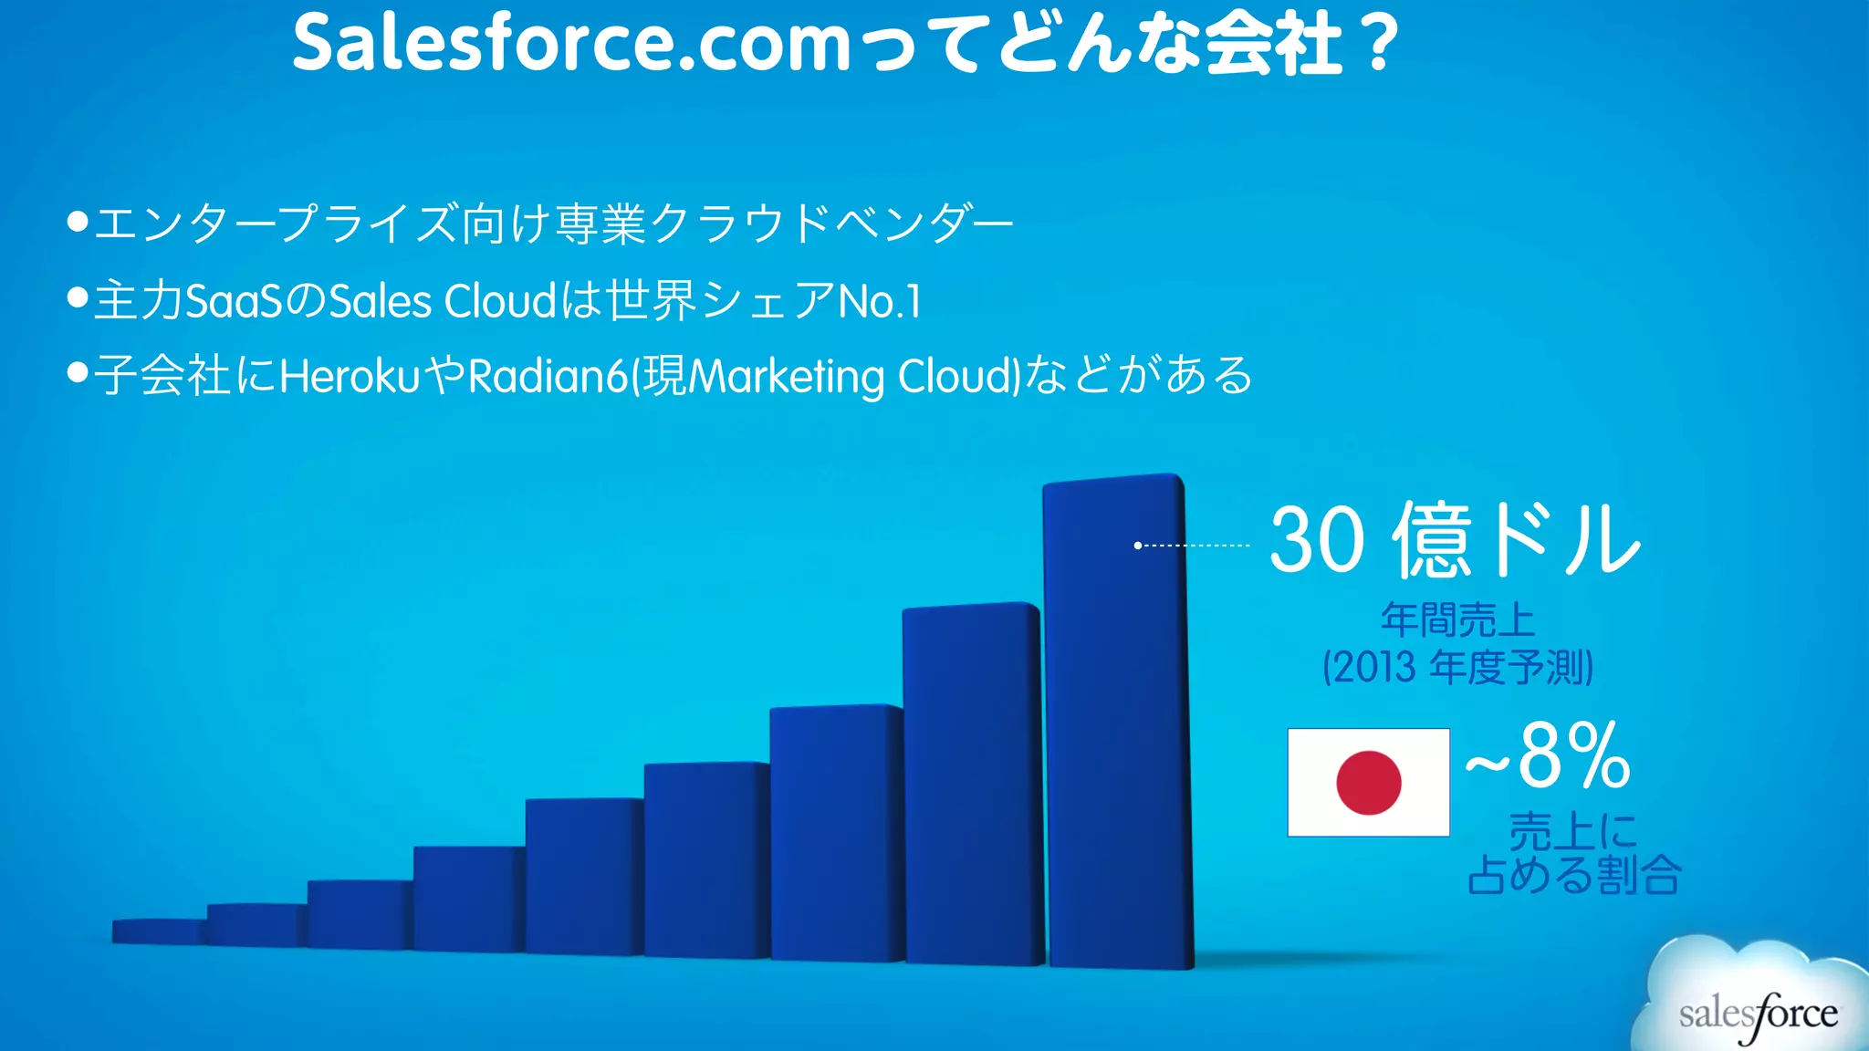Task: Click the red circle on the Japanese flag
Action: pyautogui.click(x=1368, y=783)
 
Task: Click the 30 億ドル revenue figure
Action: pyautogui.click(x=1455, y=540)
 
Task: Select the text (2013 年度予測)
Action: pyautogui.click(x=1457, y=667)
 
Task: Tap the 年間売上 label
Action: pyautogui.click(x=1457, y=620)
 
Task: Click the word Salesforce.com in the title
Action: pyautogui.click(x=572, y=44)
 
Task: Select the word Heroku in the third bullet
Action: pyautogui.click(x=350, y=376)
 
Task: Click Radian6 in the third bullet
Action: pyautogui.click(x=548, y=376)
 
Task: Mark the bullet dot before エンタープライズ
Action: pyautogui.click(x=78, y=222)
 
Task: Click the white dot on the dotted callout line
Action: pyautogui.click(x=1138, y=546)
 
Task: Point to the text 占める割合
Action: pyautogui.click(x=1574, y=875)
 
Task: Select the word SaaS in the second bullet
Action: pyautogui.click(x=235, y=301)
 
